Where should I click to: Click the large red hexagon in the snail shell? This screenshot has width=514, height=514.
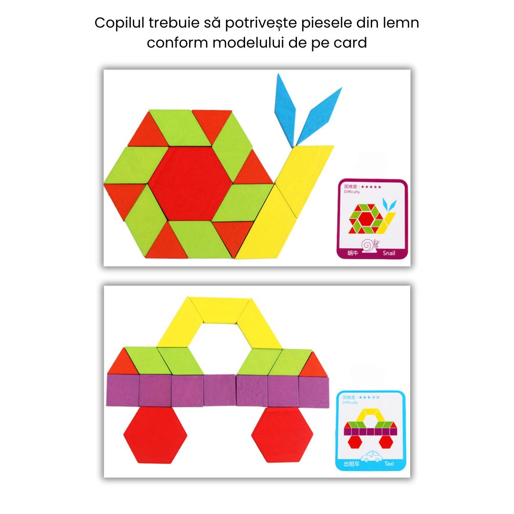point(189,184)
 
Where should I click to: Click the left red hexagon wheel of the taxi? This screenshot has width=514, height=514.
point(155,434)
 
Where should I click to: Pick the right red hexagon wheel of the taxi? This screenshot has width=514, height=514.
point(282,434)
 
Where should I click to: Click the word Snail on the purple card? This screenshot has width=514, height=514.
point(389,253)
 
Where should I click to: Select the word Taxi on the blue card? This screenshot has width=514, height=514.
point(389,463)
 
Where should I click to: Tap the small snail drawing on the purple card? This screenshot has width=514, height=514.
point(370,246)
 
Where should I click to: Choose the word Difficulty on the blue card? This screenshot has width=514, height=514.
point(350,403)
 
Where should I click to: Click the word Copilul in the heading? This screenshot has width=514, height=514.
point(119,23)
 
